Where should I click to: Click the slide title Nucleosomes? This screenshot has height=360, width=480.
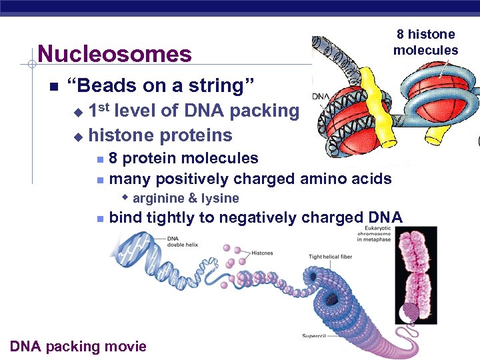115,53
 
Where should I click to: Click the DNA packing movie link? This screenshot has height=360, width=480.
79,346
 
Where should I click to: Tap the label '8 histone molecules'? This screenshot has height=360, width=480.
425,42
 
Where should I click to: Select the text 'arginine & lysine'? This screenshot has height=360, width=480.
185,198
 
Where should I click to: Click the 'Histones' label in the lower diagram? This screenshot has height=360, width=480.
262,253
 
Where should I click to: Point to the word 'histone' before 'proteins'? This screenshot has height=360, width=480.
122,135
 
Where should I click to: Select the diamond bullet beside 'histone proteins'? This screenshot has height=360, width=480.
78,137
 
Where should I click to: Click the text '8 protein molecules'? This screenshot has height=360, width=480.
183,158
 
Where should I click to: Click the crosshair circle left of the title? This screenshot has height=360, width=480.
31,64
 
